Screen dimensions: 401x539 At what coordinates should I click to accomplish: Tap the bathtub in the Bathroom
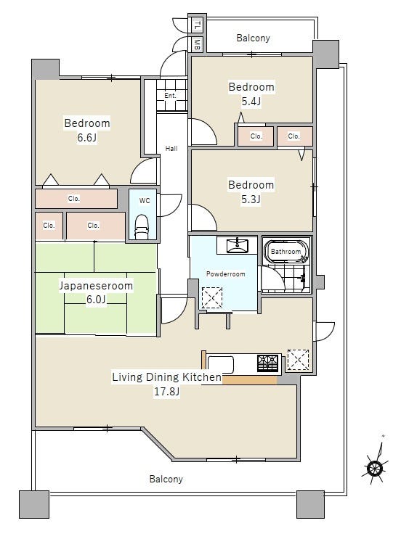[x=287, y=251]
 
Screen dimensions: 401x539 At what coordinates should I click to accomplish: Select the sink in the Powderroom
[x=237, y=245]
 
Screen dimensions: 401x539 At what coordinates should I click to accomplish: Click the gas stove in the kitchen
[x=267, y=363]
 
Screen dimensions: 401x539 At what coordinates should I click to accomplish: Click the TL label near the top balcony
[x=197, y=25]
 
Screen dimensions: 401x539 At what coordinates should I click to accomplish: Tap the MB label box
[x=197, y=45]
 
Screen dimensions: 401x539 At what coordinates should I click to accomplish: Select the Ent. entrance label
[x=170, y=96]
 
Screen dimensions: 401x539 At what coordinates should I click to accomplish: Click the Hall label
[x=171, y=149]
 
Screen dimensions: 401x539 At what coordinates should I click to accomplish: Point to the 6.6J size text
[x=86, y=138]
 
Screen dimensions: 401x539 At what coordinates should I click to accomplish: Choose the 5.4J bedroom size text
[x=251, y=102]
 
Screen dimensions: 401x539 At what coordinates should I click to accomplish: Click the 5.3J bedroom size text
[x=251, y=199]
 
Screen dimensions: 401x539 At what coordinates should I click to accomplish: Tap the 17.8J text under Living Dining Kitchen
[x=166, y=392]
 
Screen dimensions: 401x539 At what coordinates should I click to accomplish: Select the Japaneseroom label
[x=96, y=286]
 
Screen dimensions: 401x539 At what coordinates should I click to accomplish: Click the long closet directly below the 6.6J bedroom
[x=76, y=199]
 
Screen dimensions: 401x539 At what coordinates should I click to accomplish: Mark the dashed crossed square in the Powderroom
[x=212, y=297]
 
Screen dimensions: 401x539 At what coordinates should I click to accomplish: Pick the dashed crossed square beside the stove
[x=298, y=360]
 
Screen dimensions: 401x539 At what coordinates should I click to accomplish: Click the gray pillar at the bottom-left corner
[x=33, y=504]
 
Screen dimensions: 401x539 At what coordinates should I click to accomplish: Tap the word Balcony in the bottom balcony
[x=166, y=480]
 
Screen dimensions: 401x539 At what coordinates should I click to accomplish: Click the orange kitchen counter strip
[x=250, y=380]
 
